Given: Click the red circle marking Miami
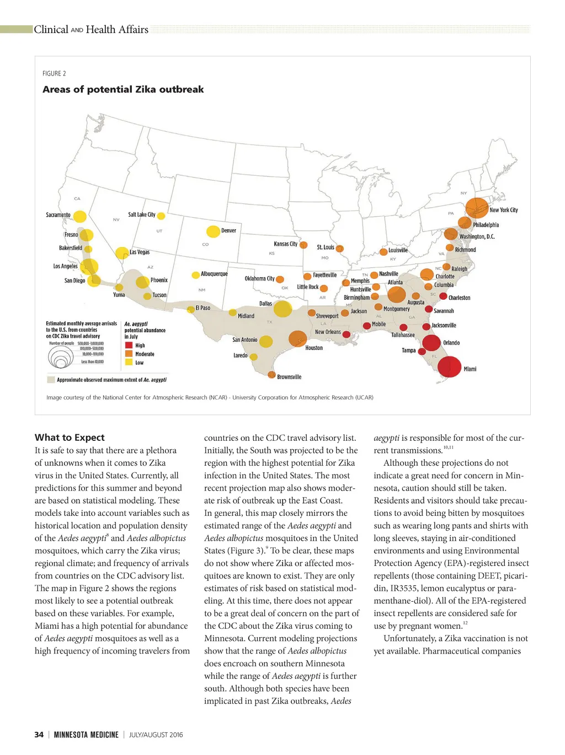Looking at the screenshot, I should (449, 366).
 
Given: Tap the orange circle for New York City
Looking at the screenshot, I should (477, 208).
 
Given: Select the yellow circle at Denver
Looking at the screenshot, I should (213, 231).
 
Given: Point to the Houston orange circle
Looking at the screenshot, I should (297, 338).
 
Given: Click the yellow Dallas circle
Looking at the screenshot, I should (282, 309).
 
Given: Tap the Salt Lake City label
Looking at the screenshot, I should (142, 214).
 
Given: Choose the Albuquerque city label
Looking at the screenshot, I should (214, 274).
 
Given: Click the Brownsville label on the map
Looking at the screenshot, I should (289, 377).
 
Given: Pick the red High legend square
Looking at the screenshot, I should (129, 346).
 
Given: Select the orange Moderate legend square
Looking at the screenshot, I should (129, 354).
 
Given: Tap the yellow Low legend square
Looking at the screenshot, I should (129, 362).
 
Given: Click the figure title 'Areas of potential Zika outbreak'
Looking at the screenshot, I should (123, 89).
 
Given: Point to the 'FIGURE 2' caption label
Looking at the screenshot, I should (54, 73).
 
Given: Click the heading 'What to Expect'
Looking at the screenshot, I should (70, 438).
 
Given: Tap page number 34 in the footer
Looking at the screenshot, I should (39, 735).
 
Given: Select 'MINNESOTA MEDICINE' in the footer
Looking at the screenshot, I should (86, 735).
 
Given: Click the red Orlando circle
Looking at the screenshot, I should (431, 343).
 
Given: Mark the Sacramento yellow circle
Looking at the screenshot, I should (80, 217).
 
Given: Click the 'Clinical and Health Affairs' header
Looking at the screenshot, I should (91, 30).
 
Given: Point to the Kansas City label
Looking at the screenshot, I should (285, 244).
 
